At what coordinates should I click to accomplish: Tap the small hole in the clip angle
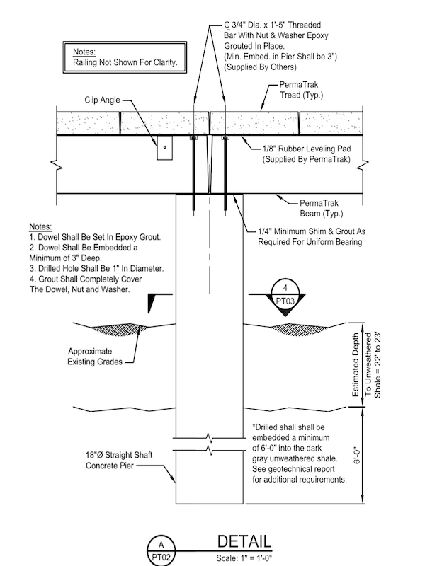coord(164,148)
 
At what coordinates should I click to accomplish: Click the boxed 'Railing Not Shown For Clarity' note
coord(125,57)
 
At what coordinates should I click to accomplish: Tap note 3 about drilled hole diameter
coord(95,269)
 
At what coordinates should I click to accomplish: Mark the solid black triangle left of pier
coord(150,304)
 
